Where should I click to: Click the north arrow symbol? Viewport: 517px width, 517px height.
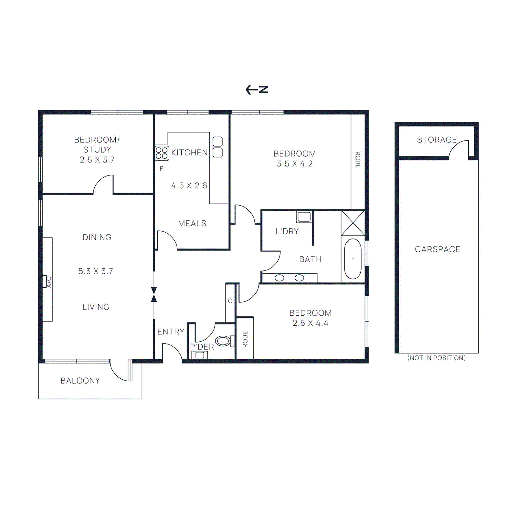tap(257, 90)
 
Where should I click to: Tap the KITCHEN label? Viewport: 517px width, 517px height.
tap(189, 153)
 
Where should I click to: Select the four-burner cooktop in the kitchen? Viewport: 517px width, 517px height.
tap(162, 153)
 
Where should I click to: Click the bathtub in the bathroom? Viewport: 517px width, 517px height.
tap(353, 259)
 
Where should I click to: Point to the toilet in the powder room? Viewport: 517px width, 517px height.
tap(223, 341)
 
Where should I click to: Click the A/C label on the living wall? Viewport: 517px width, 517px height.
tap(49, 282)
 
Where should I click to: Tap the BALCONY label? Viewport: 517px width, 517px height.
tap(80, 381)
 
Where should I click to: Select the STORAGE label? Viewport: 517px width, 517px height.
tap(437, 140)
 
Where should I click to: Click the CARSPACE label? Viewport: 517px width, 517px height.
tap(438, 249)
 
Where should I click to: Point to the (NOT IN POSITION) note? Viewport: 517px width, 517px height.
tap(437, 358)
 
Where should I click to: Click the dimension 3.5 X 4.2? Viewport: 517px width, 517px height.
tap(295, 164)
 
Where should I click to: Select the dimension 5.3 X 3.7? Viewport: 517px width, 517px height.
tap(96, 271)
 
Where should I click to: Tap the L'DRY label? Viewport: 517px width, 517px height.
tap(287, 231)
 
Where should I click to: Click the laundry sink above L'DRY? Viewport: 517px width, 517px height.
tap(304, 217)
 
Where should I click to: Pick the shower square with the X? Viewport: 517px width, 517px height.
tap(353, 223)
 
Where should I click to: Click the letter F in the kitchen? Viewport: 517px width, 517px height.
tap(161, 169)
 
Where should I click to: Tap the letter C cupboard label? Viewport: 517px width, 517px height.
tap(230, 301)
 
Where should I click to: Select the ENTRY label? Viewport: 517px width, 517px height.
tap(171, 332)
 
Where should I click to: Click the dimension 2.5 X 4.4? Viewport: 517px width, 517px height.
tap(310, 323)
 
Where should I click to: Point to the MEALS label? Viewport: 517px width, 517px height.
tap(192, 223)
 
